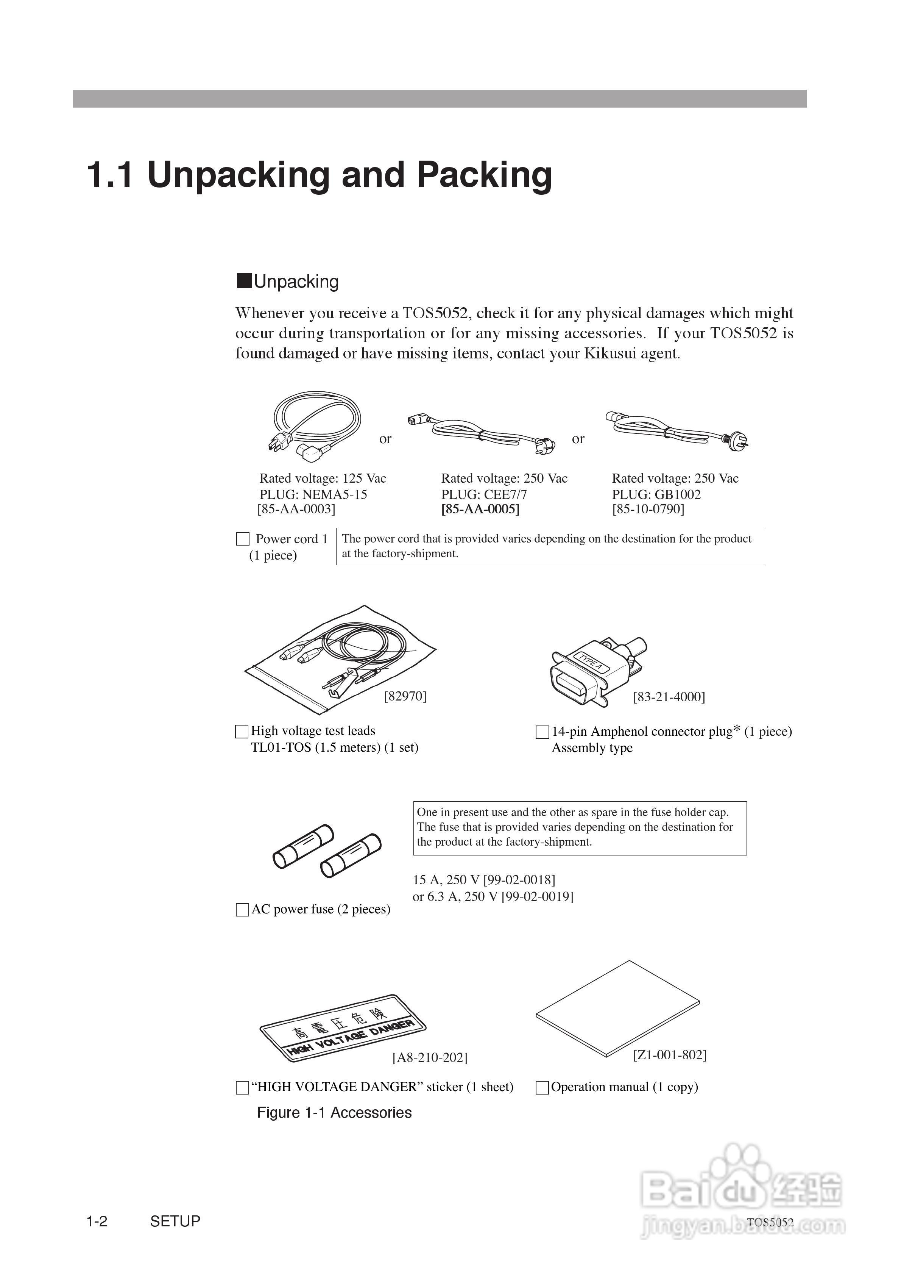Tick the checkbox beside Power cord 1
(243, 539)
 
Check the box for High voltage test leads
(242, 731)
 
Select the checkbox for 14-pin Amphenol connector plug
(542, 732)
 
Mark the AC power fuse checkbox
(242, 910)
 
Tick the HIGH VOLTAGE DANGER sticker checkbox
(242, 1088)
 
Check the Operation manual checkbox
(542, 1088)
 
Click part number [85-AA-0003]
(296, 509)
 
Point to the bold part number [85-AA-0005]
(480, 509)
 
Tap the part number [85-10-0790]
(648, 509)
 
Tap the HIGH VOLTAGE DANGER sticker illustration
(342, 1029)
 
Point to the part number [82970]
(405, 696)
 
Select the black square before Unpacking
(244, 281)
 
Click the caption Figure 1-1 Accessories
(334, 1113)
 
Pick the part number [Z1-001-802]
(669, 1055)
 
